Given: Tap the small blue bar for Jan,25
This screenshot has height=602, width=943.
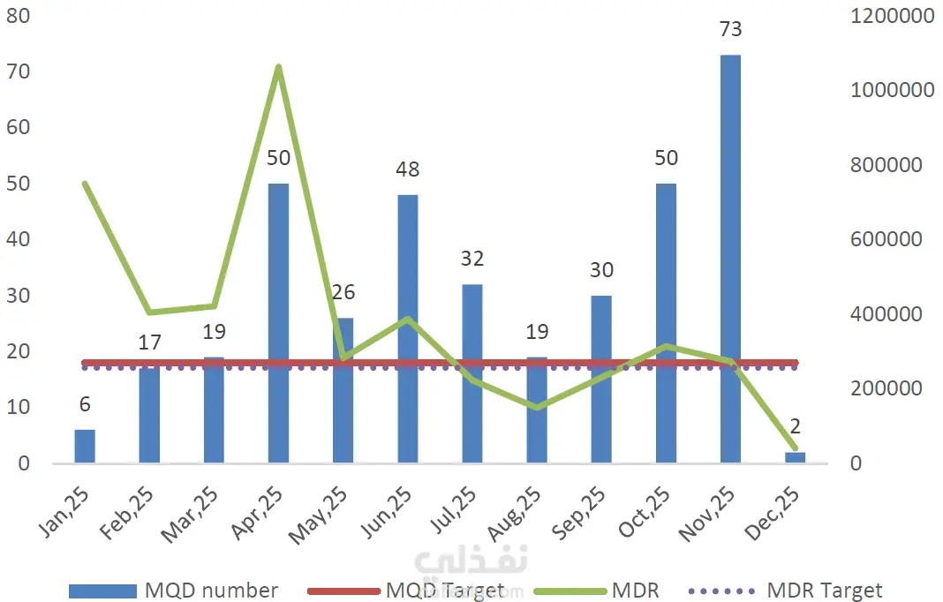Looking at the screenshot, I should pos(85,446).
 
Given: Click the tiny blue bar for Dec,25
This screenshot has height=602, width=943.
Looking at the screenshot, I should pos(795,457).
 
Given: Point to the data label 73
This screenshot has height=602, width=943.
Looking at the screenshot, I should pos(730,29).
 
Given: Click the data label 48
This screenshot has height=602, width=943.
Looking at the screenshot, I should pos(407,169).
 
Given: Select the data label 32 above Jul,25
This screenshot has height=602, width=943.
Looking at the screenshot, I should pos(471,259).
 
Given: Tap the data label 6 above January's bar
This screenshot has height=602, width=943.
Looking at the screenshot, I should pos(85,404).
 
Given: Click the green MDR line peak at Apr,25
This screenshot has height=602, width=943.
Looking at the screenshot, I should pos(278,67).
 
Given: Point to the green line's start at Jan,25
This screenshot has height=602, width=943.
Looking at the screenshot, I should pos(85,184).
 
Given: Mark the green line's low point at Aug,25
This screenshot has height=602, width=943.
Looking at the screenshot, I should pos(536,407).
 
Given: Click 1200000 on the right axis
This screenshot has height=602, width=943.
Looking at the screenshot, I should pos(892,15).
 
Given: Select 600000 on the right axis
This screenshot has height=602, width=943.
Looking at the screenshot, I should pos(887,239).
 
